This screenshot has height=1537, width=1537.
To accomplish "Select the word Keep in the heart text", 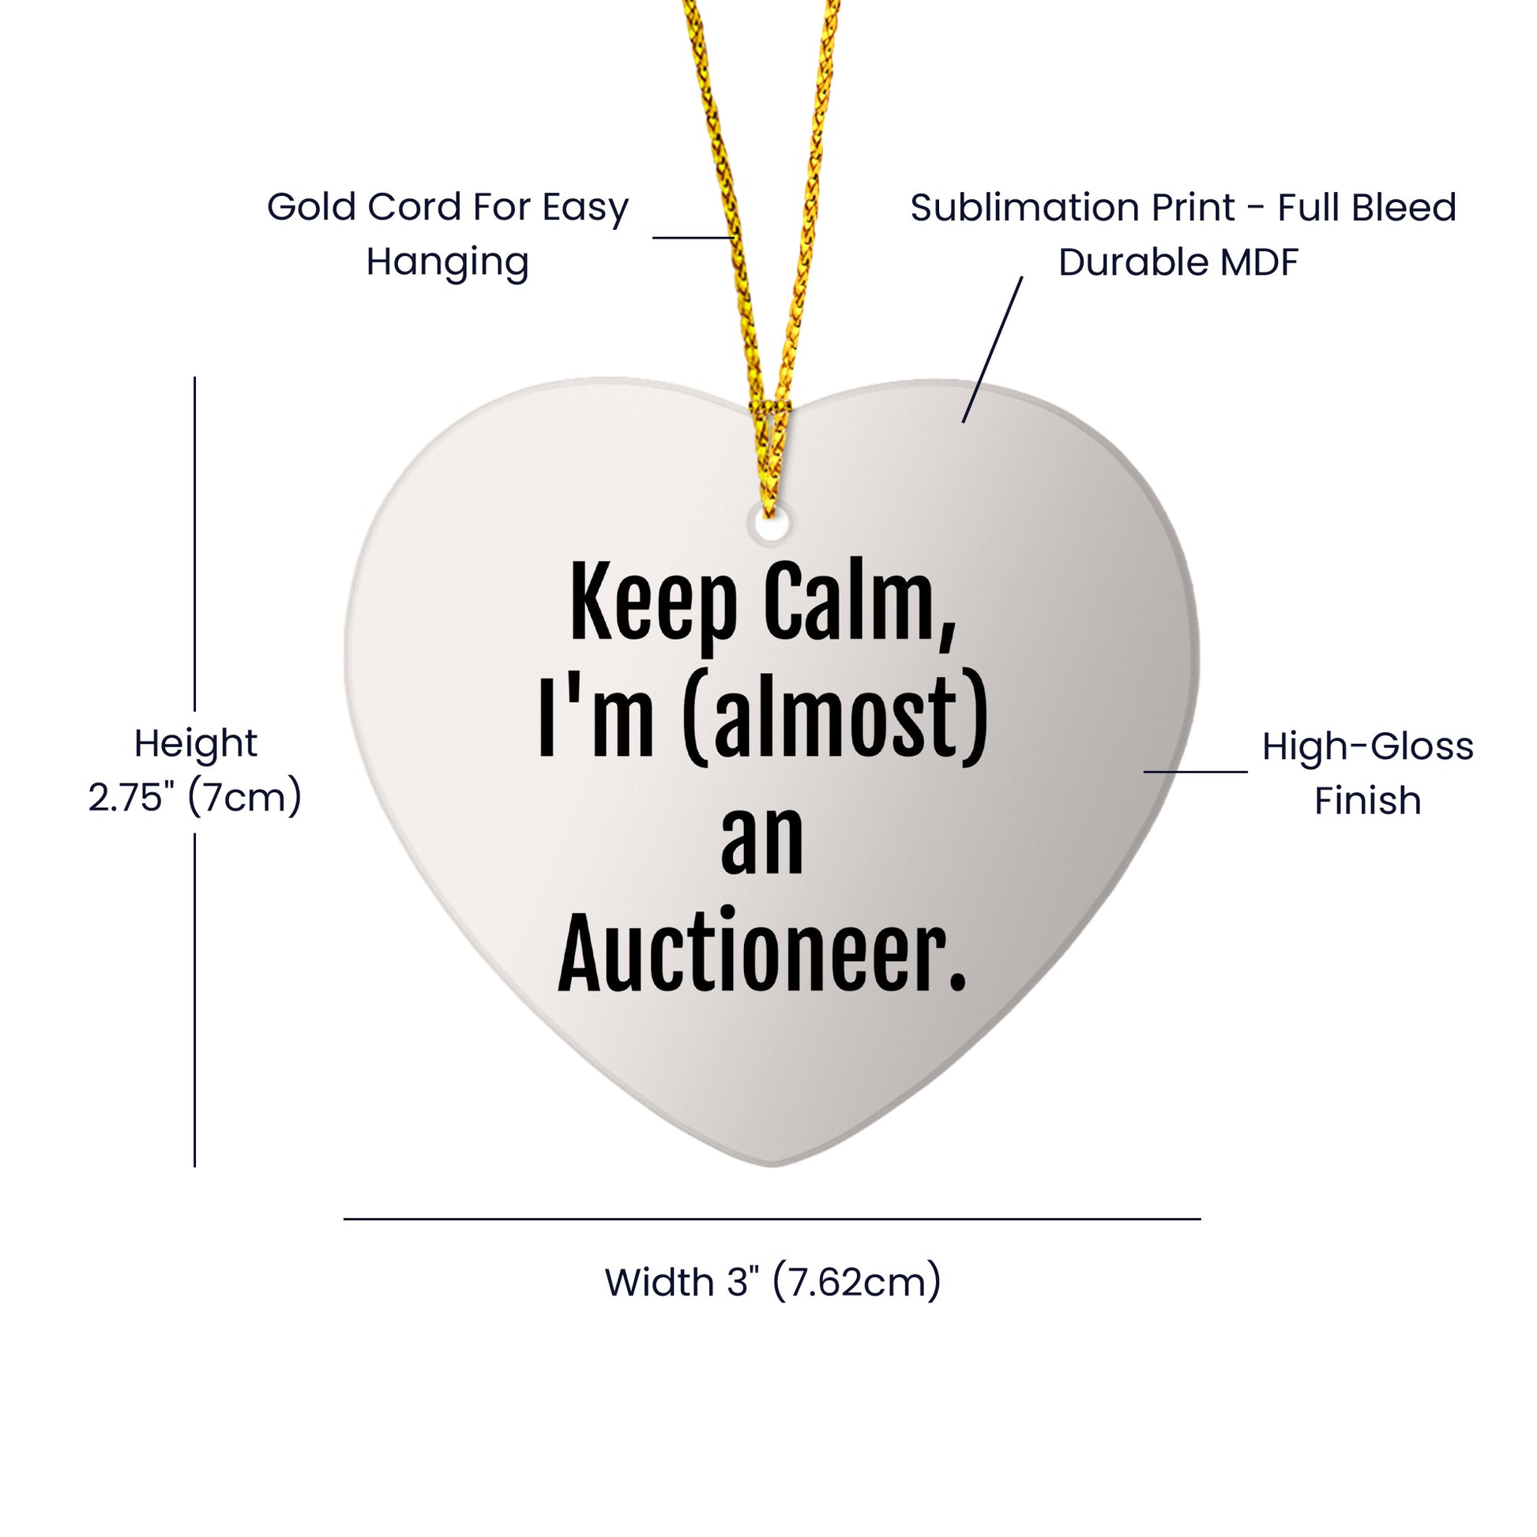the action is (x=653, y=605).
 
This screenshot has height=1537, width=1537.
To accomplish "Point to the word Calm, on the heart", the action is (x=860, y=605).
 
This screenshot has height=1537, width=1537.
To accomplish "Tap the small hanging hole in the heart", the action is (x=769, y=525).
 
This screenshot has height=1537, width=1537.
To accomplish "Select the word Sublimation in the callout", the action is (x=1073, y=209).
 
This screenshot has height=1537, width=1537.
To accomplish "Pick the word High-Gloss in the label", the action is (x=1367, y=747).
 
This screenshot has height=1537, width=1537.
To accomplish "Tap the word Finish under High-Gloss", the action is (x=1367, y=800).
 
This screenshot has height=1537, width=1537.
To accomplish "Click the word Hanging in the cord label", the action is (x=447, y=262).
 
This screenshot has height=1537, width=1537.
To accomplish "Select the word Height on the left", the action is (x=196, y=744).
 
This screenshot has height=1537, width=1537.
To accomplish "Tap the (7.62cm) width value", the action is (x=857, y=1283).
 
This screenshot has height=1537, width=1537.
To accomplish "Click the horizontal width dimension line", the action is (x=772, y=1218).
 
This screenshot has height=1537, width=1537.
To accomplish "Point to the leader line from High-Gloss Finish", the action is (x=1196, y=772).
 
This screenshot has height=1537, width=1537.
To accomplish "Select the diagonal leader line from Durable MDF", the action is (x=992, y=349).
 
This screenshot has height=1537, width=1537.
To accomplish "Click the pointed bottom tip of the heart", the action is (x=772, y=1167).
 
